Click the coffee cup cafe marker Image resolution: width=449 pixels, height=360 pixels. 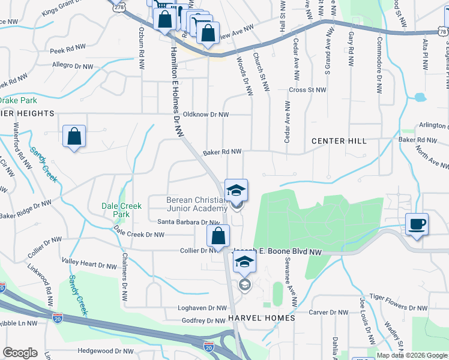417,224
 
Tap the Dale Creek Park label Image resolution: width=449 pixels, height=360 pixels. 122,210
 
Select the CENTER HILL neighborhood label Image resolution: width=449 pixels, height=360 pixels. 339,141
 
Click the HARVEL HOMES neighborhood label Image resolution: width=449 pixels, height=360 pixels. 261,318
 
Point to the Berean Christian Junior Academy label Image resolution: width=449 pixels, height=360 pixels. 196,204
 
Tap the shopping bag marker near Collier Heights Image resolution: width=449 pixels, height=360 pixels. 74,136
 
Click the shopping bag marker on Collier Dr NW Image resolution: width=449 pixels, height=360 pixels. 218,235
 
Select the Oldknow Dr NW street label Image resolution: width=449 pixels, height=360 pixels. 206,114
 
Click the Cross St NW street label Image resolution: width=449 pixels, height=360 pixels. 307,90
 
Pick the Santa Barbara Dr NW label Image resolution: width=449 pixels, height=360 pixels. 184,222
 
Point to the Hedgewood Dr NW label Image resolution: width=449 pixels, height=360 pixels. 106,351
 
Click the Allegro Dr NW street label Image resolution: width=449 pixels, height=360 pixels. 73,66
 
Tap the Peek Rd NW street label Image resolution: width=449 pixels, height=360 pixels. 65,52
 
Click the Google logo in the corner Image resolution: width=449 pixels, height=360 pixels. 20,353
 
